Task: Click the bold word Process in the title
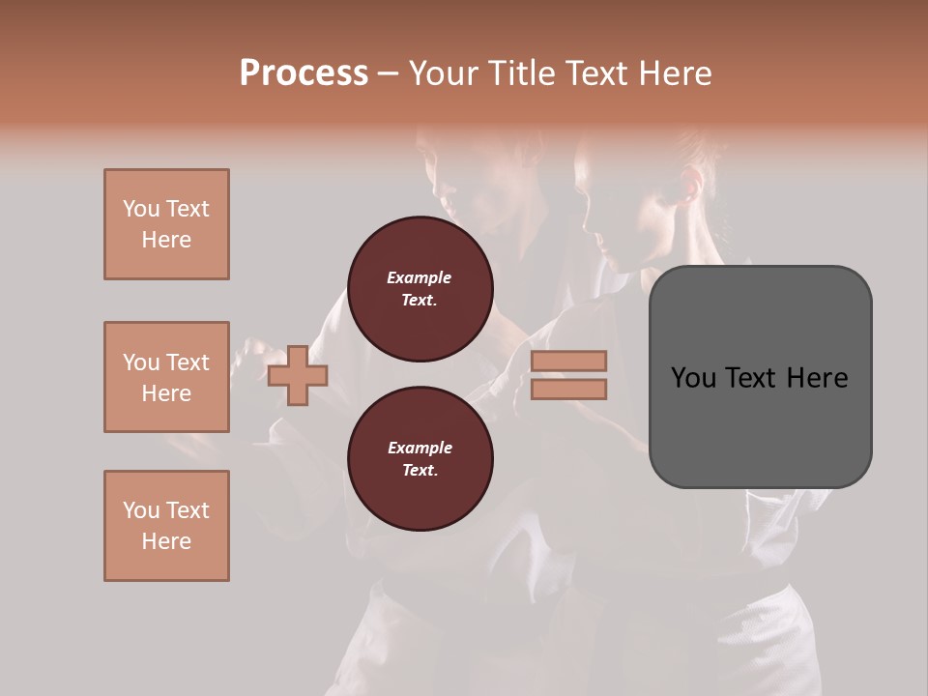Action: point(304,73)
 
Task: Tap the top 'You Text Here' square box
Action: point(166,224)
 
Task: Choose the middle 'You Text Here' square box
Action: point(166,377)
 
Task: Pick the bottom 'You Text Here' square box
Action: point(166,526)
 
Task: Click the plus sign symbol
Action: point(298,374)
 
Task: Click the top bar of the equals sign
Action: point(569,362)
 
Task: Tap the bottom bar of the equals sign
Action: point(569,389)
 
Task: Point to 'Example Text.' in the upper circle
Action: point(420,288)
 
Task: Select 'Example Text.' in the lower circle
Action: point(420,458)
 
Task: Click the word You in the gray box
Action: point(694,377)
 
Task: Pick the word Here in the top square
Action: point(166,240)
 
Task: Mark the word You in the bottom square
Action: point(141,510)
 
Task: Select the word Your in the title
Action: point(443,73)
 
